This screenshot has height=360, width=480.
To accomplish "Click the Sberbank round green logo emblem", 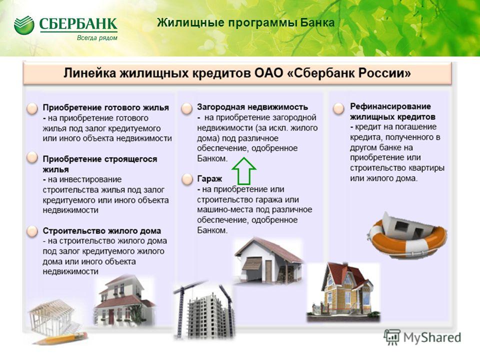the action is [24, 25].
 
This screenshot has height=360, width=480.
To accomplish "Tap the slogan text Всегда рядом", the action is [97, 38].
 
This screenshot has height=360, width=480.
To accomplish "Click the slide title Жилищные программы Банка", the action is [246, 22].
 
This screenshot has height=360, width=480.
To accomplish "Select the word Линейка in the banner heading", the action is [89, 73].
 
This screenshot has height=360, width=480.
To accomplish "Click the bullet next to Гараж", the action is [187, 179].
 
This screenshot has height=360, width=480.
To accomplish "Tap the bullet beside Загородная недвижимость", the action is [186, 108].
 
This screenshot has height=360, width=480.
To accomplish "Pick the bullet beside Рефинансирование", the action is [338, 108].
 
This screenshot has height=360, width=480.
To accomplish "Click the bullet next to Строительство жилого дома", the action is [32, 231].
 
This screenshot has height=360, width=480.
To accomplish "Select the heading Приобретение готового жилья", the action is [105, 108].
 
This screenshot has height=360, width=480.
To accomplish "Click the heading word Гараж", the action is [209, 179].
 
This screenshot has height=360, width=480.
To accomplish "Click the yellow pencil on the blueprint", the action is [61, 338].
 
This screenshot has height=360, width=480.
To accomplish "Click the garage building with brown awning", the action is [268, 260].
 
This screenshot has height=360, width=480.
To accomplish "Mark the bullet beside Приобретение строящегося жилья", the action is [32, 157].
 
